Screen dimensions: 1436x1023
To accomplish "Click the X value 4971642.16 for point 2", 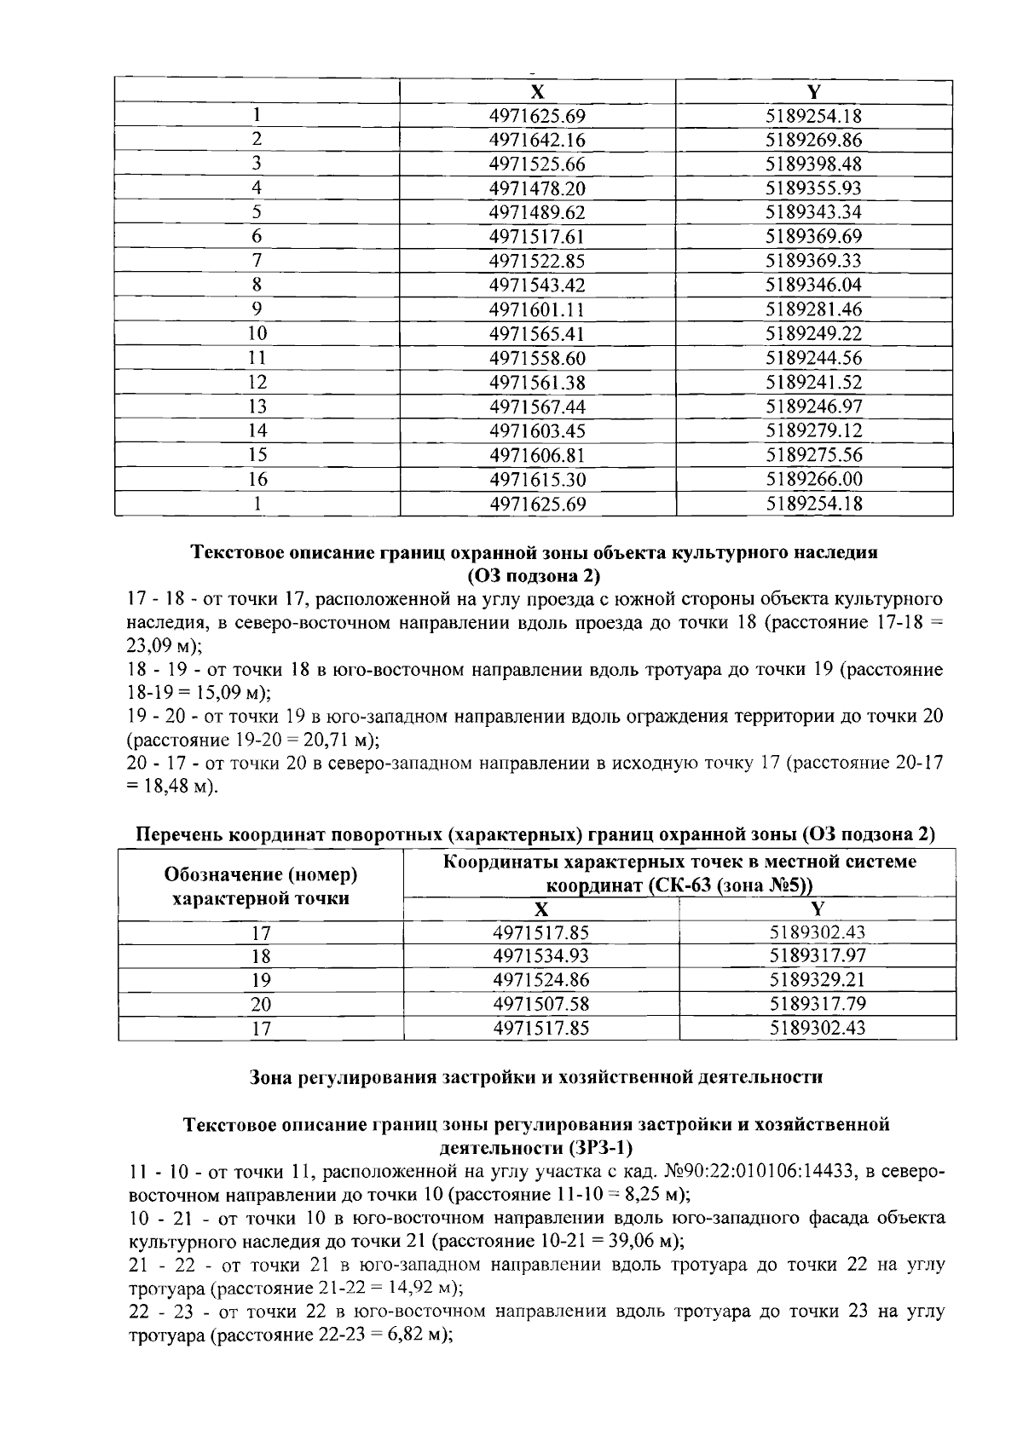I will [x=537, y=140].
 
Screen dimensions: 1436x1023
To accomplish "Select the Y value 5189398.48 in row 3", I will [x=814, y=164].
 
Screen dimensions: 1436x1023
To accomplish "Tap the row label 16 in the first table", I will [x=257, y=479].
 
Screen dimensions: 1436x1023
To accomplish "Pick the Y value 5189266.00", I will [x=814, y=479].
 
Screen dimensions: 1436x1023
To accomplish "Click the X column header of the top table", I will [x=537, y=92].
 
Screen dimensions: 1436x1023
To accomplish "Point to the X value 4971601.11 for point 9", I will [x=537, y=309].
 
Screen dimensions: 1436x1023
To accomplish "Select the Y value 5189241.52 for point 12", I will [x=814, y=382].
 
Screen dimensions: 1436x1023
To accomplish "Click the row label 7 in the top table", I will [x=257, y=261].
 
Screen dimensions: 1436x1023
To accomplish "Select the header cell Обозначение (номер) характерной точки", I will [x=260, y=886].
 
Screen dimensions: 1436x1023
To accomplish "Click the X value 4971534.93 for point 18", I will [x=540, y=956].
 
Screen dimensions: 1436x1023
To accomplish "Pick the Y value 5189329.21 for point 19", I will [x=817, y=980].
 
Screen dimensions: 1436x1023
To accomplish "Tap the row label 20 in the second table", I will [x=261, y=1005].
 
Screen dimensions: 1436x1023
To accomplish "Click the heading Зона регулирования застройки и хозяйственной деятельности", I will [x=535, y=1077].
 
